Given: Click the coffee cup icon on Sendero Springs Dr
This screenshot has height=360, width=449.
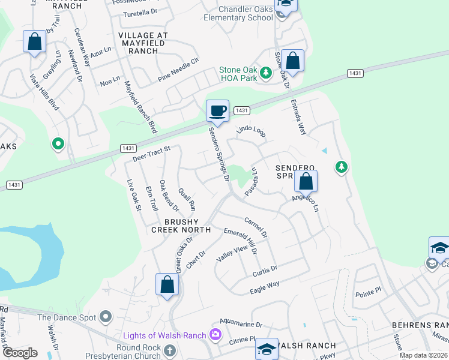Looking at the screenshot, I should [x=217, y=111].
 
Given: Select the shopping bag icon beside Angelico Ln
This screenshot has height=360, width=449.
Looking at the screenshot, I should [x=306, y=181].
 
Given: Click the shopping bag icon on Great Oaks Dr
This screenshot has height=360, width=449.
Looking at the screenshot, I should [x=167, y=284].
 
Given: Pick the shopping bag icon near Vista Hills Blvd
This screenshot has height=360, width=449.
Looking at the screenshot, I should [x=35, y=42].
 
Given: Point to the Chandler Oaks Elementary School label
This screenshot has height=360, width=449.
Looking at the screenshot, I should [x=238, y=13].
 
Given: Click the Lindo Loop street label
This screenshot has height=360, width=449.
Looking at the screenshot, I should [x=251, y=131].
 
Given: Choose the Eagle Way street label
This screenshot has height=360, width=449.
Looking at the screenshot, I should [x=265, y=287].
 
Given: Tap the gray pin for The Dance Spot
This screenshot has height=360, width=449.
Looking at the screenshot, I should [x=106, y=316].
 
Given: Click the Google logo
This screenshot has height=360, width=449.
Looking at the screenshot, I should [x=19, y=353].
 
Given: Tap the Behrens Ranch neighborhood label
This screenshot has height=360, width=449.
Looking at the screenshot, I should [x=420, y=325].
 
